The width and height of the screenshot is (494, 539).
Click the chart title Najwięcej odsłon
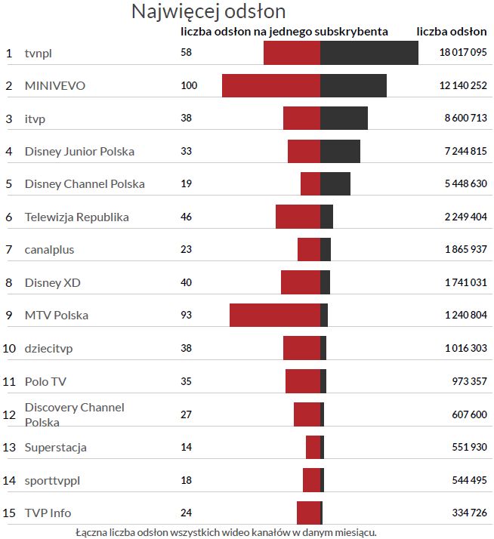point(208,12)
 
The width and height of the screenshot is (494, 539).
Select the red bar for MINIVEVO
point(270,85)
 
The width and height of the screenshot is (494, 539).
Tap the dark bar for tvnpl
point(369,53)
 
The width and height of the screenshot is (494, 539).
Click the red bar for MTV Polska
point(274,315)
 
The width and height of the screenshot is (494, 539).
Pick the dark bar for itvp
point(344,119)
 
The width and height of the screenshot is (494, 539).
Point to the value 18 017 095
point(463,53)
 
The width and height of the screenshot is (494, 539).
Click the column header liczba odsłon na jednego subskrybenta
point(285,32)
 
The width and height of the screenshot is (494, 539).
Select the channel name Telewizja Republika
point(76,217)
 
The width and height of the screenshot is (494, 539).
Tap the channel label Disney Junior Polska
point(79,152)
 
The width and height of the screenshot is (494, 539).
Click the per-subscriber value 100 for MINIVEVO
point(189,86)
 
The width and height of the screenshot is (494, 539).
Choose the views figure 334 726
point(469,513)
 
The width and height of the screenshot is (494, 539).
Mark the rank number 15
point(9,513)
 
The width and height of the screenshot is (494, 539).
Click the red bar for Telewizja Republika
point(298,217)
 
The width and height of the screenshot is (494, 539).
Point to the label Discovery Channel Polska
point(74,414)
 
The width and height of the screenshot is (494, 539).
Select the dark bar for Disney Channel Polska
point(335,184)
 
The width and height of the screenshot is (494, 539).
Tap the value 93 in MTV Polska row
point(187,315)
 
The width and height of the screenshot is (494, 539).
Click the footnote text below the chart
point(226,531)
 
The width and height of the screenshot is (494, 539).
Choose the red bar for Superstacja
point(313,447)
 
